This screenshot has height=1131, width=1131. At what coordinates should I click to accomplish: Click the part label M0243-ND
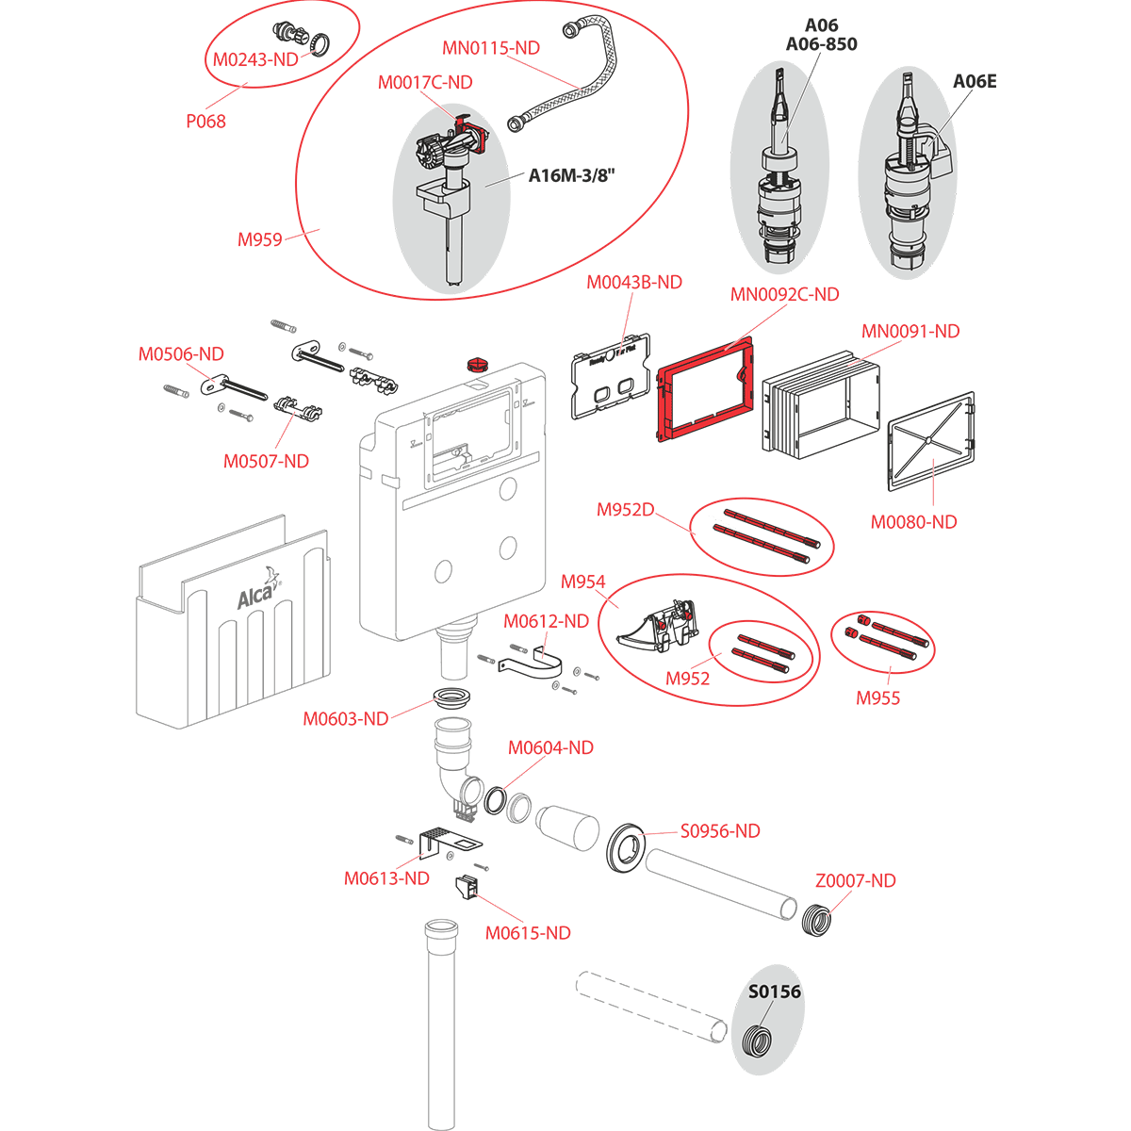coord(254,58)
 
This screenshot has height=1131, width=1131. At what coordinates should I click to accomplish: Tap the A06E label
coord(974,82)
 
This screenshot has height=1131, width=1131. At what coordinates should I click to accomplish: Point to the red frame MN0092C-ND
coord(703,395)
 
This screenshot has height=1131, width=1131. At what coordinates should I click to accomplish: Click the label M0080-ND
coord(913,521)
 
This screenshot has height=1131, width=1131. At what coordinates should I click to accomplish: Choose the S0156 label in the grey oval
coord(775,992)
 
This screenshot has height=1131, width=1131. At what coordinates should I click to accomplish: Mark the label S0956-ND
coord(720,830)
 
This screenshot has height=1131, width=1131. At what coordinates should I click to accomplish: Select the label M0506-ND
coord(181,354)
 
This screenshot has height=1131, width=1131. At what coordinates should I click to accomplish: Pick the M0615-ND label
coord(528,933)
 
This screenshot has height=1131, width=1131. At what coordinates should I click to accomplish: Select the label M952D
coord(625,510)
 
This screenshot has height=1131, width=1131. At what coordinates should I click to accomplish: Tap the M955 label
coord(877,698)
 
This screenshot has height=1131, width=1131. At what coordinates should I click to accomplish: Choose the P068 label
coord(205,121)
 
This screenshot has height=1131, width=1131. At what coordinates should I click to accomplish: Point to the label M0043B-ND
coord(634,282)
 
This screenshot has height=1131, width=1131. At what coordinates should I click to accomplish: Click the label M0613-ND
coord(386,878)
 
